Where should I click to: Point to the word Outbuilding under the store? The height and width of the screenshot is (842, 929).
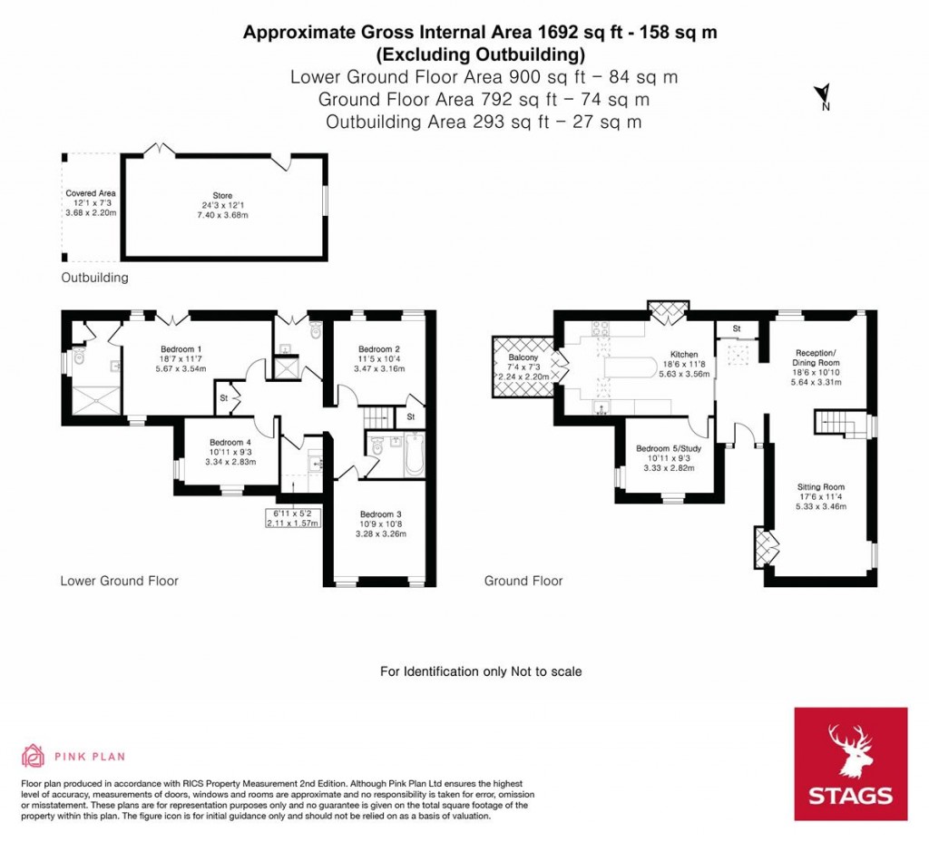coord(94,277)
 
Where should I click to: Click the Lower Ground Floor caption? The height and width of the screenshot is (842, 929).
coord(119,581)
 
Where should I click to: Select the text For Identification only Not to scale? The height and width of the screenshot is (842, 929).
coord(480,671)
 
